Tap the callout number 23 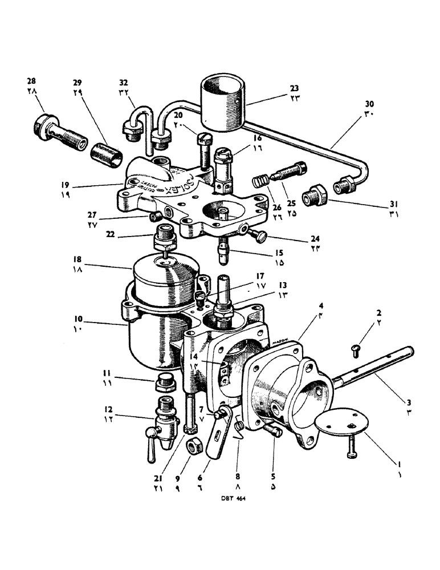[294, 88]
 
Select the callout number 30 [370, 104]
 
